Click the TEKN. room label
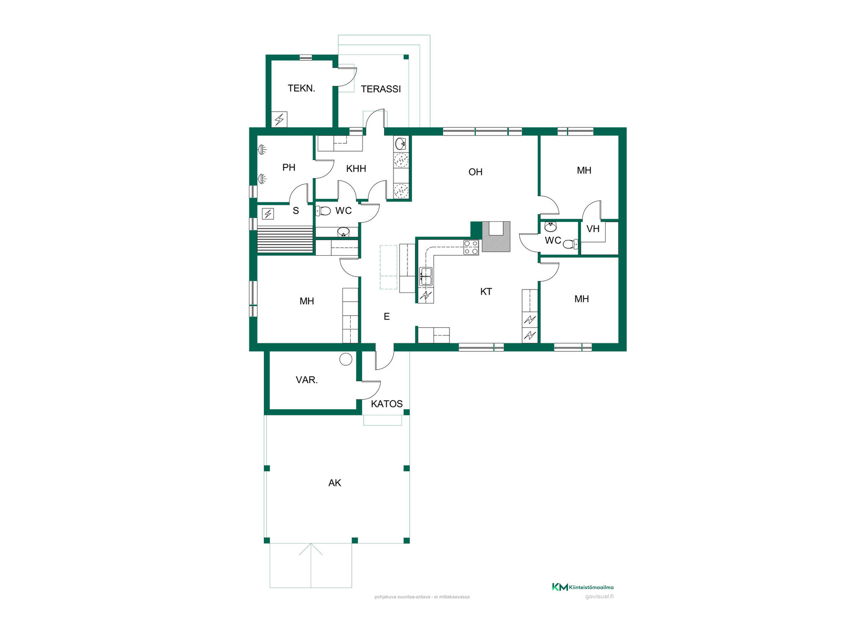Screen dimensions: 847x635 tap(301, 88)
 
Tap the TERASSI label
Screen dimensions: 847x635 tap(381, 89)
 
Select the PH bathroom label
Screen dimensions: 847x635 tap(289, 168)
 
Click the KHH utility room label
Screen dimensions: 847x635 tap(356, 168)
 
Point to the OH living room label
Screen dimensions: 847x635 tap(475, 172)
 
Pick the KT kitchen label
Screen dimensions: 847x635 tap(486, 291)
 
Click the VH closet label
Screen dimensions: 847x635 tap(593, 229)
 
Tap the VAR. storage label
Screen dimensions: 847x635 tap(307, 380)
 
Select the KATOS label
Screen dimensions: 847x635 tap(386, 404)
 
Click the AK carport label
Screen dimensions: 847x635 tap(334, 483)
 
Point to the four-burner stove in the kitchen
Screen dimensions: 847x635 tap(471, 247)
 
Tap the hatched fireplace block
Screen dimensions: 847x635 tap(496, 236)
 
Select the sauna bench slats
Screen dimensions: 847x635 tap(285, 240)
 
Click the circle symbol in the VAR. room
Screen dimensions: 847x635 tap(346, 359)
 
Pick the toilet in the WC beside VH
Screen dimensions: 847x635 tap(570, 244)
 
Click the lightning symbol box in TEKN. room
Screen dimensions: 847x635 tap(279, 119)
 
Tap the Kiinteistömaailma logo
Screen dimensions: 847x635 tap(583, 587)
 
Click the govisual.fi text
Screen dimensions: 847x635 tap(599, 597)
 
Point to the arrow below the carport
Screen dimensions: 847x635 tap(311, 565)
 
